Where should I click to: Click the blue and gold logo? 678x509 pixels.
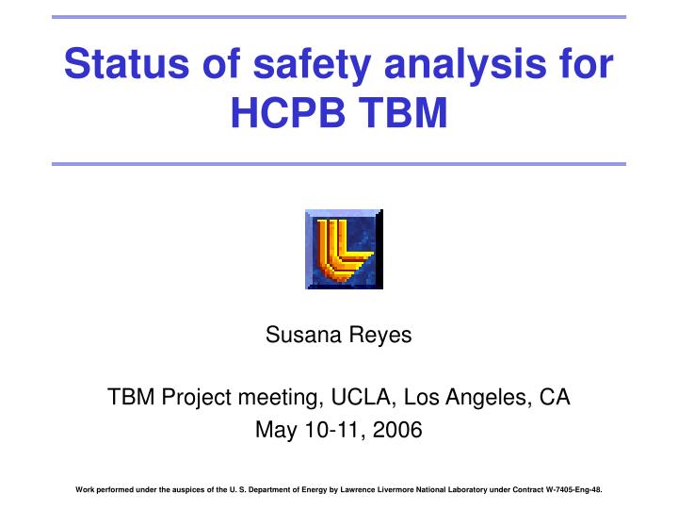pyautogui.click(x=344, y=248)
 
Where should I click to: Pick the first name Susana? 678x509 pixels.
pyautogui.click(x=299, y=336)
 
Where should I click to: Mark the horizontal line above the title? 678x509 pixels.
pyautogui.click(x=339, y=17)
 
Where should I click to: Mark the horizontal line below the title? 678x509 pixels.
pyautogui.click(x=339, y=164)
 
